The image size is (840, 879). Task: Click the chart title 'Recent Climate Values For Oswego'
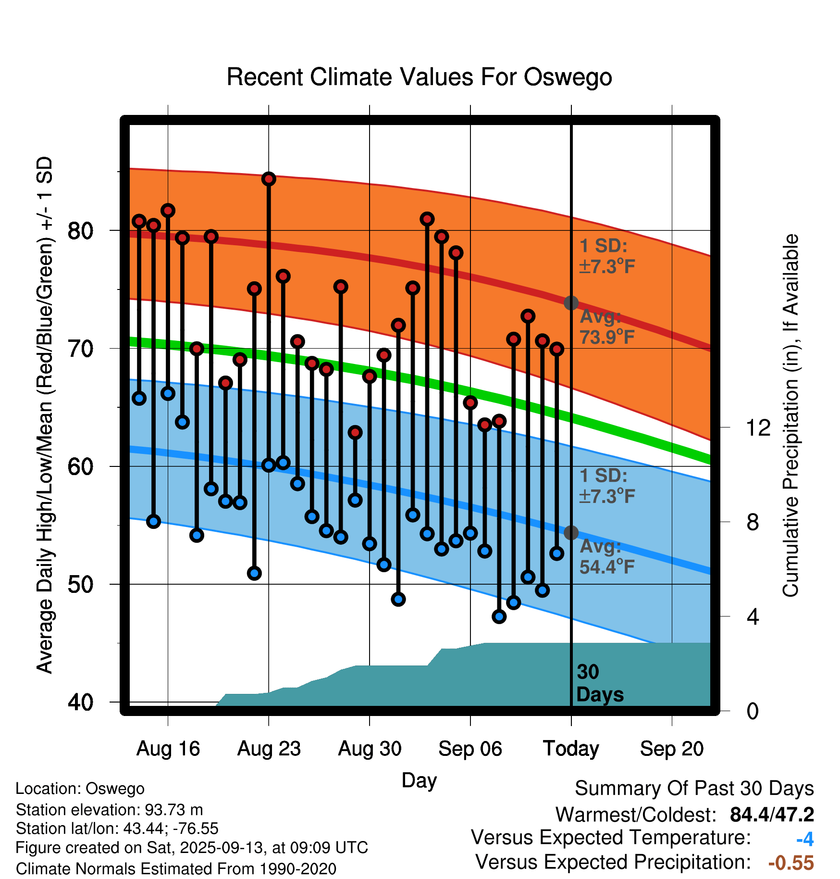tap(419, 77)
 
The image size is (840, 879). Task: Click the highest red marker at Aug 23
tap(269, 179)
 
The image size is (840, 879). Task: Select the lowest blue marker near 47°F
tap(499, 616)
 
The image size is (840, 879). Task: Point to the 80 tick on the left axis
tap(80, 231)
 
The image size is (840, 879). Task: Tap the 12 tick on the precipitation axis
tap(758, 427)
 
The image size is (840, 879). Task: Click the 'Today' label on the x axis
tap(571, 749)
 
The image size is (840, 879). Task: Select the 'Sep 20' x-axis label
tap(672, 749)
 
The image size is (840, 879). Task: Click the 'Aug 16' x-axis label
tap(168, 749)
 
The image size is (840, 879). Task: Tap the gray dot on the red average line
tap(571, 303)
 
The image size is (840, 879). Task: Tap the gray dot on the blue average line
tap(571, 533)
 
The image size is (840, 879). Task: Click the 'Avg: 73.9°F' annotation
tap(606, 327)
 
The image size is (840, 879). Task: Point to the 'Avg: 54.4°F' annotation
tap(606, 557)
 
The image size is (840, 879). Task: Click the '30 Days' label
tap(599, 683)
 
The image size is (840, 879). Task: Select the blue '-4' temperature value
tap(805, 839)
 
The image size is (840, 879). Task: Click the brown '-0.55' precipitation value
tap(791, 863)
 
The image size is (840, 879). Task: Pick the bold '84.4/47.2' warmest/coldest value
tap(772, 815)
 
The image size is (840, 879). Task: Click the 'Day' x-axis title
tap(419, 780)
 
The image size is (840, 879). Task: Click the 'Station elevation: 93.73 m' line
tap(109, 810)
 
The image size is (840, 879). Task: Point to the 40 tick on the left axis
tap(80, 703)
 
